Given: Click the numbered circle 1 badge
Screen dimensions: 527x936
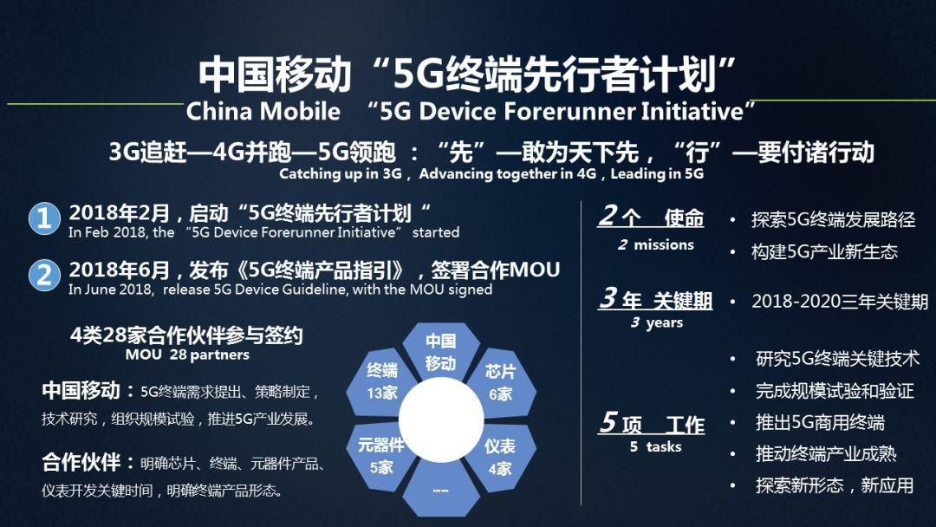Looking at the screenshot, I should [x=43, y=218].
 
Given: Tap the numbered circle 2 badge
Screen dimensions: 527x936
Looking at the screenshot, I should [x=43, y=275].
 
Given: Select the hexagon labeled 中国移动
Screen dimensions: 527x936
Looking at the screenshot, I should [x=440, y=353].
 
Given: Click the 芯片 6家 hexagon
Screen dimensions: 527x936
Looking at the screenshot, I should [x=500, y=382].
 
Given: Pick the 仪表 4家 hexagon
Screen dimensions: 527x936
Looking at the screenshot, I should [x=500, y=456].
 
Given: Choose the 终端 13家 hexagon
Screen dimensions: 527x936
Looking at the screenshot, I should [x=381, y=382].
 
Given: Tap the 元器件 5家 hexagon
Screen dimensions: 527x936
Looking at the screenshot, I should [x=381, y=456].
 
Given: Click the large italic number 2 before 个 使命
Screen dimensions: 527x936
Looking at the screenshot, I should [x=608, y=216].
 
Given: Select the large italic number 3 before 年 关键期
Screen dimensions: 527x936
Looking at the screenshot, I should [x=608, y=299].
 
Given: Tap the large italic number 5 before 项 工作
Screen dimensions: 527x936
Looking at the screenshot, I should [x=608, y=423].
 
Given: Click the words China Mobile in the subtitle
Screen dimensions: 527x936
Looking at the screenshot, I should [x=263, y=111].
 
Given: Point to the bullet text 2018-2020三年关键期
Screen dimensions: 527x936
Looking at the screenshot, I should [x=839, y=302].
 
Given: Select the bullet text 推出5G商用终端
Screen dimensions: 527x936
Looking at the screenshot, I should [x=819, y=422].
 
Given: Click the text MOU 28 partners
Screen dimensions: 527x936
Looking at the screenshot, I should [x=186, y=355].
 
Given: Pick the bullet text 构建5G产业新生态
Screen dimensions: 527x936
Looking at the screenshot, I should [x=824, y=251].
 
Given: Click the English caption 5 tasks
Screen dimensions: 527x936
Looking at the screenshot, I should [x=655, y=447].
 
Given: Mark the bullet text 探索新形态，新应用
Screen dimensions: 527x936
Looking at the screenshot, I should [x=834, y=485].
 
